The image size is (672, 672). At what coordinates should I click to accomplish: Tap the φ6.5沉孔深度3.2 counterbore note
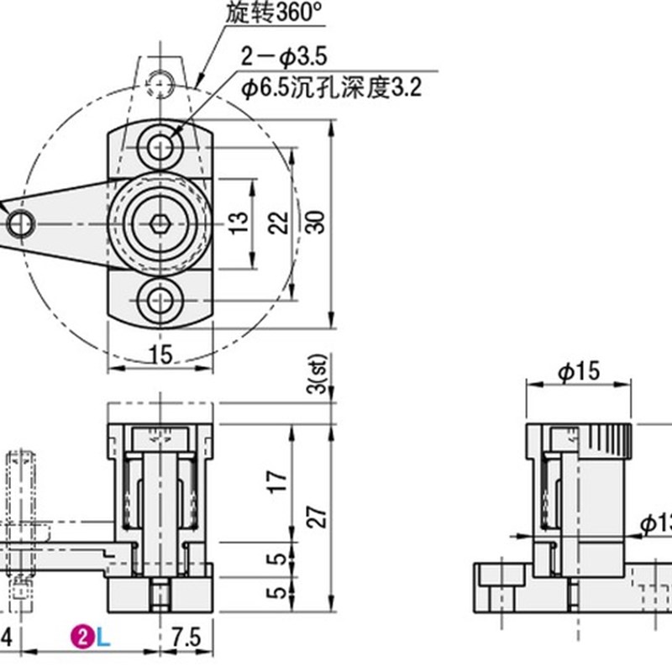329,85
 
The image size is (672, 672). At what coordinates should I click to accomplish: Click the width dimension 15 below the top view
160,354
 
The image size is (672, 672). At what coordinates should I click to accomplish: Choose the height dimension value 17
280,480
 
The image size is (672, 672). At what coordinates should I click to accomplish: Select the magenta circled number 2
83,638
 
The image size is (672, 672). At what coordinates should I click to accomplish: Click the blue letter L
102,638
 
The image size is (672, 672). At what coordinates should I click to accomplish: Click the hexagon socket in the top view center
160,223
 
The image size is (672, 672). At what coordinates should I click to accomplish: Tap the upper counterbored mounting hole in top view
160,148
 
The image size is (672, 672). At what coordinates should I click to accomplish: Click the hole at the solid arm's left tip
20,223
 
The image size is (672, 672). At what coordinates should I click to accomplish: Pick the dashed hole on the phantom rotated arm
160,81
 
